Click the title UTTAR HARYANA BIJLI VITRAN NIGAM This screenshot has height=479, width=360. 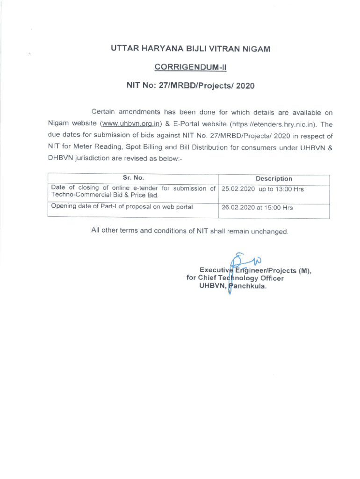click(190, 49)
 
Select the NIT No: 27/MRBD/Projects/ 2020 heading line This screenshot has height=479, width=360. click(190, 86)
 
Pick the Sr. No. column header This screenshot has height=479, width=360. click(133, 178)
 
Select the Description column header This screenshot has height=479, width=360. click(274, 179)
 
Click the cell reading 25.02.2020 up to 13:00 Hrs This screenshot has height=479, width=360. click(262, 189)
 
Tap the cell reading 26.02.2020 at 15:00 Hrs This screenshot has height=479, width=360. click(257, 207)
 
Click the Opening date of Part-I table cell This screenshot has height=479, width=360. click(122, 206)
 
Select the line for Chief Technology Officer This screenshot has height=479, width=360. click(235, 278)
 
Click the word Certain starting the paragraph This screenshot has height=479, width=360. click(106, 112)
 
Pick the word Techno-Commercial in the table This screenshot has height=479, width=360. click(78, 195)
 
